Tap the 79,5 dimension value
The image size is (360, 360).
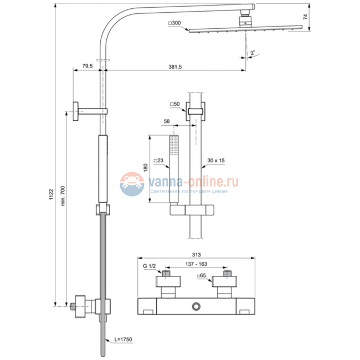tap(87, 66)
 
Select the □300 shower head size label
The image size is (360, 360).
tap(174, 23)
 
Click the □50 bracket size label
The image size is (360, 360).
tap(175, 104)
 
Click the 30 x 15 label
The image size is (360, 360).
tap(215, 161)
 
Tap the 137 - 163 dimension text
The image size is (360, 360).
tap(194, 265)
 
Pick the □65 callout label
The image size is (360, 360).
tap(202, 275)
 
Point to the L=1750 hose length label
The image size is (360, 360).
tap(124, 338)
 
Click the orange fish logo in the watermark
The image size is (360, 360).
tap(132, 183)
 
